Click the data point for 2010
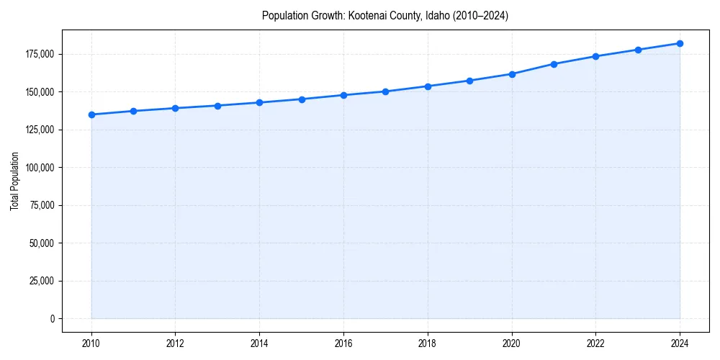tap(91, 114)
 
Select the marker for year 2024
tap(680, 43)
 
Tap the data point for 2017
tap(386, 91)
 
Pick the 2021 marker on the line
tap(554, 64)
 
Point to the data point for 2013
tap(217, 106)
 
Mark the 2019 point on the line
tap(469, 81)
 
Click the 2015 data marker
tap(302, 99)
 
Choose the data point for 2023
tap(638, 50)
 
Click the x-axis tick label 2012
tap(176, 343)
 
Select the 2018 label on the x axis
tap(428, 343)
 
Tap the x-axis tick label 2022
tap(595, 343)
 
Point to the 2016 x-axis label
tap(343, 343)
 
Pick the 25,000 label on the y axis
tap(42, 281)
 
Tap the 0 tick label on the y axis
tap(52, 318)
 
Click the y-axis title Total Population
tap(14, 181)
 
